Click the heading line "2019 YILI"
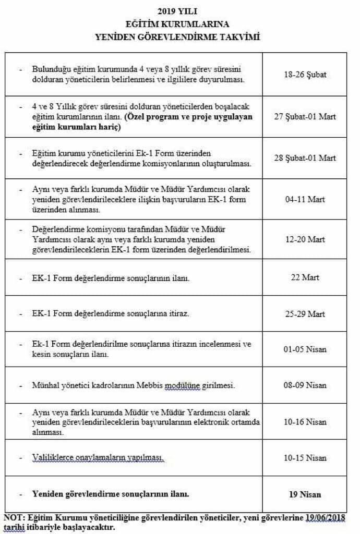coord(180,10)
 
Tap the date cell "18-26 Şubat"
coord(305,74)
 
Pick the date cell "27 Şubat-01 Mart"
coord(305,116)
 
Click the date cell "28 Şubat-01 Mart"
coord(305,157)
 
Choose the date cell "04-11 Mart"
coord(305,199)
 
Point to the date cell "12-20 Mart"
coord(305,239)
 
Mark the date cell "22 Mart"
coord(305,277)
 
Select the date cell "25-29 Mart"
coord(305,314)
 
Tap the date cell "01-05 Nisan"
coord(305,349)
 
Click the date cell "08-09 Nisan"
coord(305,385)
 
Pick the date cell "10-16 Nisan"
coord(305,421)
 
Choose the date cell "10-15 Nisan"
coord(305,458)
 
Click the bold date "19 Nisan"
coord(305,494)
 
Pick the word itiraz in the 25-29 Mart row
coord(177,314)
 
